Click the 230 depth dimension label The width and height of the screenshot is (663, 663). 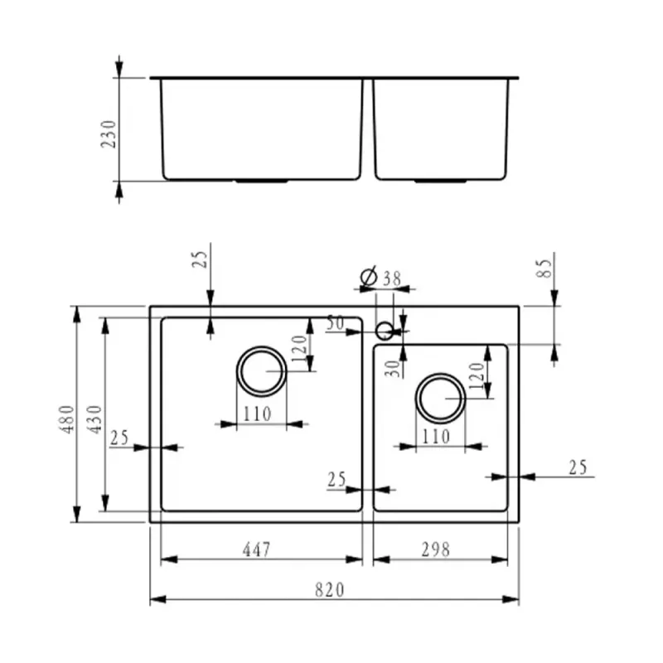coord(109,134)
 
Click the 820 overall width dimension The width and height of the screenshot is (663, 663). coord(330,590)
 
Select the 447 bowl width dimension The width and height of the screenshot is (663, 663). coord(256,549)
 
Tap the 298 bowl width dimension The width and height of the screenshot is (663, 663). coord(436,549)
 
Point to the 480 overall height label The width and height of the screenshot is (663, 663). coord(67,419)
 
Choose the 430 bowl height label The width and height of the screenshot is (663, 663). coord(94,419)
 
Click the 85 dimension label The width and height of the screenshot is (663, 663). coord(544,268)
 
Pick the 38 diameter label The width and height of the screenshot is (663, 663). coord(392,278)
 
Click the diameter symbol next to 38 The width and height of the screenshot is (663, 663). coord(369,277)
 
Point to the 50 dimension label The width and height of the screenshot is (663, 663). coord(336,323)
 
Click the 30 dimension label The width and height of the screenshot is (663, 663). coord(393,369)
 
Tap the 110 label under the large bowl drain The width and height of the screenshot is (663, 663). coord(257,414)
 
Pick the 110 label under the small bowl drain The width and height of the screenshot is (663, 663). coord(436,437)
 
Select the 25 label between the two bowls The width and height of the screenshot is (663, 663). coord(336,480)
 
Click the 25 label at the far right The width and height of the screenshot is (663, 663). coord(578,467)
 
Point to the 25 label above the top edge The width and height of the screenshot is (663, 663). coord(200,259)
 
